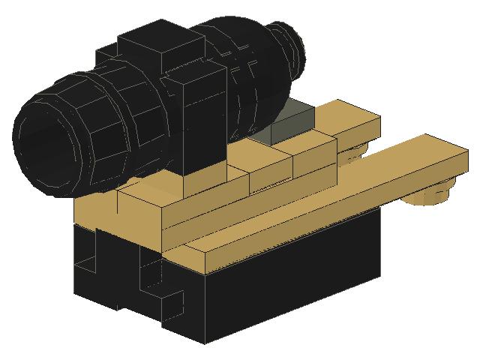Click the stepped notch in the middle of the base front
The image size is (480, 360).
(x=157, y=289)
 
